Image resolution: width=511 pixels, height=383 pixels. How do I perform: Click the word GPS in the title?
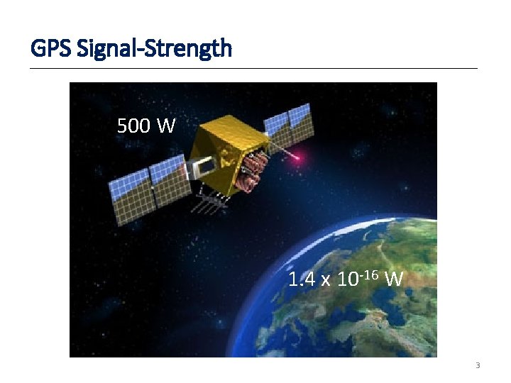pyautogui.click(x=50, y=49)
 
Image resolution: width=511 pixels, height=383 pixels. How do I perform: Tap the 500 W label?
pyautogui.click(x=146, y=126)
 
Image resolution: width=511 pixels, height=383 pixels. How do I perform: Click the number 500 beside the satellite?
pyautogui.click(x=133, y=126)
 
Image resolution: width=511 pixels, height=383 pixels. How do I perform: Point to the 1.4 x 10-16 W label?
pyautogui.click(x=346, y=278)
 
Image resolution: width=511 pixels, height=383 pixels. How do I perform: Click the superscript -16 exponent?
pyautogui.click(x=368, y=273)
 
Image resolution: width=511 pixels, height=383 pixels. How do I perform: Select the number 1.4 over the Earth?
pyautogui.click(x=301, y=279)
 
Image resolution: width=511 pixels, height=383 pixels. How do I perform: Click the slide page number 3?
pyautogui.click(x=477, y=366)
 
